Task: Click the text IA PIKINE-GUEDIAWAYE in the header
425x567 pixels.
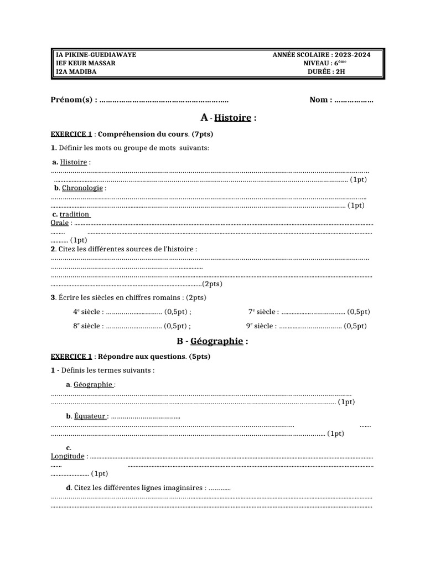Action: coord(96,55)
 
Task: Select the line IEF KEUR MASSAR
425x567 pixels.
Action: coord(86,63)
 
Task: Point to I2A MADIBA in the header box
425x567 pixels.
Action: coord(77,71)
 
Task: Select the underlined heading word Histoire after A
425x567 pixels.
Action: coord(232,118)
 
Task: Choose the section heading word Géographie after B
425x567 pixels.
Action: coord(216,341)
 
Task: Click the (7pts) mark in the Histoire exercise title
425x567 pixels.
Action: coord(202,134)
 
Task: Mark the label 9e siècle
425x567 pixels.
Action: coord(261,326)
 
